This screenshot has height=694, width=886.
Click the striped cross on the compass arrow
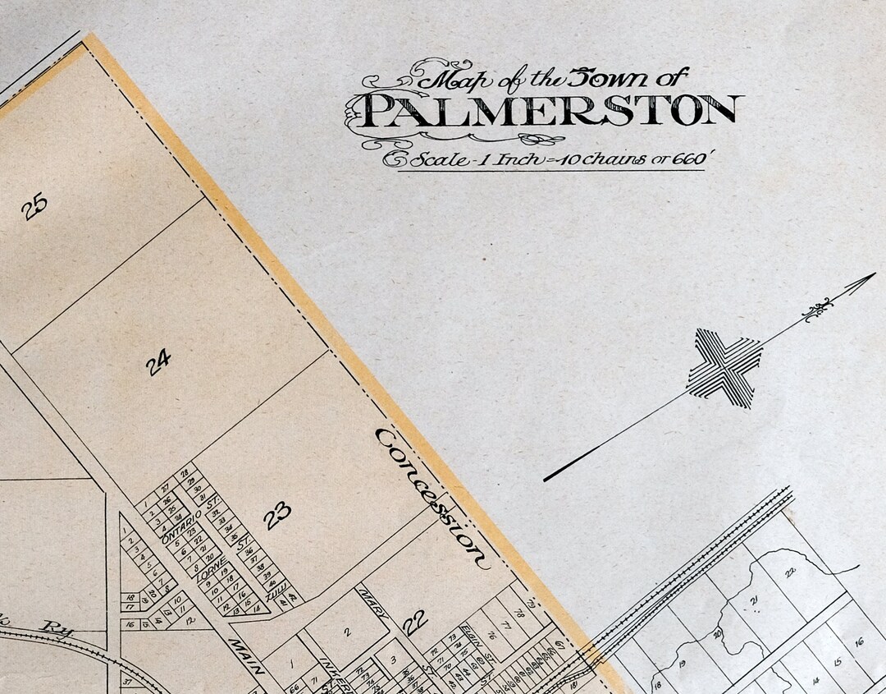[724, 368]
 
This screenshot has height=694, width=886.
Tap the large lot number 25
[34, 206]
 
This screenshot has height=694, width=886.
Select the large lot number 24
[159, 361]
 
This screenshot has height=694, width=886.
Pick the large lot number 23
[277, 516]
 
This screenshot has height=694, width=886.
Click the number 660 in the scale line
[683, 159]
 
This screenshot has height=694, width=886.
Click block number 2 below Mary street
[347, 632]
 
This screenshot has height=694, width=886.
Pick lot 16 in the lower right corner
[858, 641]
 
